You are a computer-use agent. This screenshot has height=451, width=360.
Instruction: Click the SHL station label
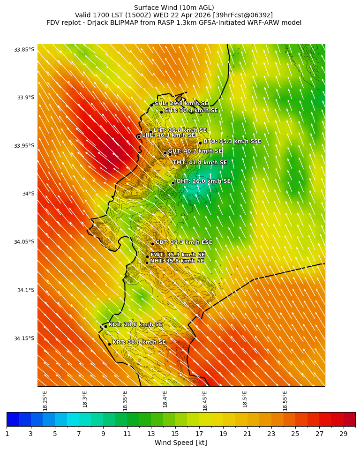(x=181, y=104)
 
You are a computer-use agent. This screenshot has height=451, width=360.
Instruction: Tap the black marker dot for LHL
(x=139, y=137)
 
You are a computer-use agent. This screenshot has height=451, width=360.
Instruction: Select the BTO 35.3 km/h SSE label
(x=232, y=141)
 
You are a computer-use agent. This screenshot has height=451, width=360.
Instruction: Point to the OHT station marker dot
(x=173, y=183)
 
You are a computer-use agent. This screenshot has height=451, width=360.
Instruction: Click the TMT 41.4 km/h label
(x=200, y=163)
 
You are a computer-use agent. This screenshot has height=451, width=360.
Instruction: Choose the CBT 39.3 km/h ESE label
(x=184, y=242)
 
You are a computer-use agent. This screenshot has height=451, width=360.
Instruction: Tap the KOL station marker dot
(x=105, y=326)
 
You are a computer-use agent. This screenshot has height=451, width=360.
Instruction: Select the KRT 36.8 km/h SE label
(x=139, y=342)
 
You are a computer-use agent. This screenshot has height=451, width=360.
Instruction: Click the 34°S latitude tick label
(x=28, y=194)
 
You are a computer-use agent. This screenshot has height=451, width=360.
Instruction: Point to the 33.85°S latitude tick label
(x=24, y=50)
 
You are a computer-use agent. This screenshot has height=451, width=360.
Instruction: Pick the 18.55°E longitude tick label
(x=285, y=400)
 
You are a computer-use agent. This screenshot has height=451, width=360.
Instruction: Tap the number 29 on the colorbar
(x=343, y=434)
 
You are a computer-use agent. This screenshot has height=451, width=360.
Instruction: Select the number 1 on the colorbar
(x=7, y=434)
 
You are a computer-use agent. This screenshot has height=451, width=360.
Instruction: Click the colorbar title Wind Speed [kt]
(x=180, y=443)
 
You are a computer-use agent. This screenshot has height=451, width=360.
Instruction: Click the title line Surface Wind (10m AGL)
(x=174, y=8)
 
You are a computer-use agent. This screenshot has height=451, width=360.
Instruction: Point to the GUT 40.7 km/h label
(x=195, y=151)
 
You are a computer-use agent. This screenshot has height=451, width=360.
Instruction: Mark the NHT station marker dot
(x=147, y=263)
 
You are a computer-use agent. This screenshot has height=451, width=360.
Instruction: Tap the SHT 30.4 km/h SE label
(x=191, y=110)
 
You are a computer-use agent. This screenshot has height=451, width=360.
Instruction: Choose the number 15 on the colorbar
(x=175, y=434)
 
